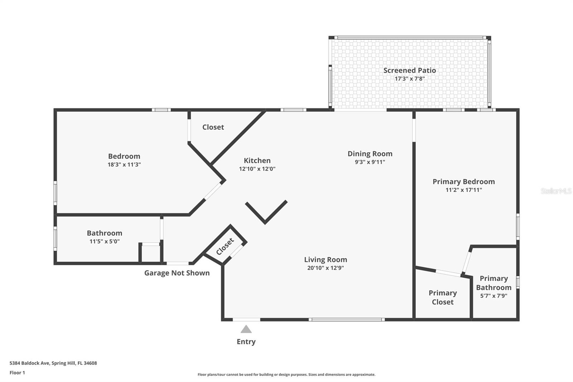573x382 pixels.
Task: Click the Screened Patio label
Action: (409, 70)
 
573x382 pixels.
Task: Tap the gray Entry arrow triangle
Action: (246, 329)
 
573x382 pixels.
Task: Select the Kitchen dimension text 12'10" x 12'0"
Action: (257, 169)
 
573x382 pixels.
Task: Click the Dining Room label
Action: (370, 154)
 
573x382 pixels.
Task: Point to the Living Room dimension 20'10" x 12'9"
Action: (325, 268)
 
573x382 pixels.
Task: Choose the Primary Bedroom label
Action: (463, 182)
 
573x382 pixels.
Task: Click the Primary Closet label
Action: (443, 297)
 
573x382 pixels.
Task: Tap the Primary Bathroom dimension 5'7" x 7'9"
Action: (493, 296)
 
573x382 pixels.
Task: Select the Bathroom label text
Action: (105, 233)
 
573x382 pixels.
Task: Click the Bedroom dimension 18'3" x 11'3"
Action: (124, 164)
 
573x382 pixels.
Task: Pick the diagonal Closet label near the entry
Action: (225, 247)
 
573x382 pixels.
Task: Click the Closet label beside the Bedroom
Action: (213, 127)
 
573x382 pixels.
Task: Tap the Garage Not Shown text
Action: (177, 273)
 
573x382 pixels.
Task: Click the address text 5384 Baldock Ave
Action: (53, 363)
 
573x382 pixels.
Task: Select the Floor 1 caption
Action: (17, 373)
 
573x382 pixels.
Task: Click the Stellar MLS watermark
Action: (556, 191)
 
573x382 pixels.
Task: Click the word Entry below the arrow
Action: (246, 342)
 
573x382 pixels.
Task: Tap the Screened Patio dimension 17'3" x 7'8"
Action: (409, 79)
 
